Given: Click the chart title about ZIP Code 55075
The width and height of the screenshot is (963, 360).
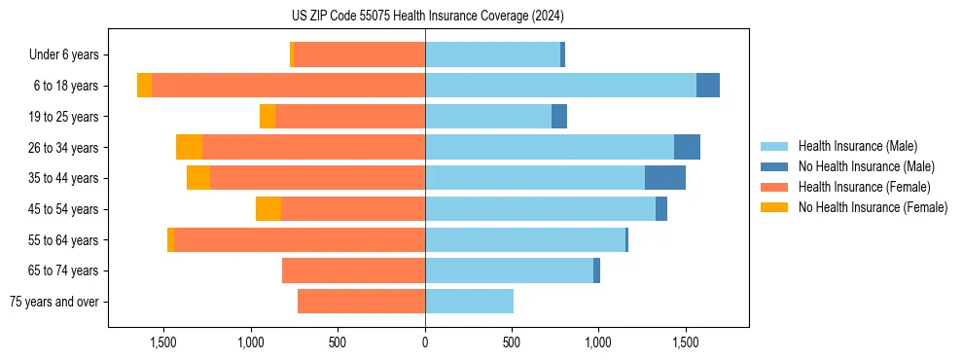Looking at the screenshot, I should pos(427,16).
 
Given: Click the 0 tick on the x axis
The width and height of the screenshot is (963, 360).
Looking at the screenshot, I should pos(425,342).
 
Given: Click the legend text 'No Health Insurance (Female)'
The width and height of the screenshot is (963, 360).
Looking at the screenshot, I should pos(873,207).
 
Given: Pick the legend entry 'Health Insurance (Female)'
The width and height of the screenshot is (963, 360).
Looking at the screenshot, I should pos(864,187).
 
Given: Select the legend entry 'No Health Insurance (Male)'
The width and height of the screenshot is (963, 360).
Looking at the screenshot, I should pos(866,167).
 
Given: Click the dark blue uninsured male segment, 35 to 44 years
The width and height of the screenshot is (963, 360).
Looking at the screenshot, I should pos(665,178).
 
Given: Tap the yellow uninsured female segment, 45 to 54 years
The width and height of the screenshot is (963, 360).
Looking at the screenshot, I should pos(268,209).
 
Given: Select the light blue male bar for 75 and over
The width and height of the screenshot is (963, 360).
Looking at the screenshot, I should pos(469,302).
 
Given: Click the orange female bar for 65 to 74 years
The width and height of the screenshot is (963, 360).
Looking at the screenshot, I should pos(353,270).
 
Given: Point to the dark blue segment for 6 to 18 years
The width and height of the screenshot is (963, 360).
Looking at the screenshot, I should pos(708,86).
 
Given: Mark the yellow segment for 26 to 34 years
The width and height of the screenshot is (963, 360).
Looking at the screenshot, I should pos(189,147).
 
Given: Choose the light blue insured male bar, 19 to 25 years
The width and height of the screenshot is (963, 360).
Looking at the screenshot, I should pos(488,117).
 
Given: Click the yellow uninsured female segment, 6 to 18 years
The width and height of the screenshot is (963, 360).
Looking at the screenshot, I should pos(144,86).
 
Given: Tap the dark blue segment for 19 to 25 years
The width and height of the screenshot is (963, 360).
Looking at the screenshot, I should pos(559,117).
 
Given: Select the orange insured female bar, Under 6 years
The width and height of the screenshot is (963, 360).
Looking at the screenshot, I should pos(359,55).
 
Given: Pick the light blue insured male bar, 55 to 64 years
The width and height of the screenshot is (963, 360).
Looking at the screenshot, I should pos(525,239).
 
